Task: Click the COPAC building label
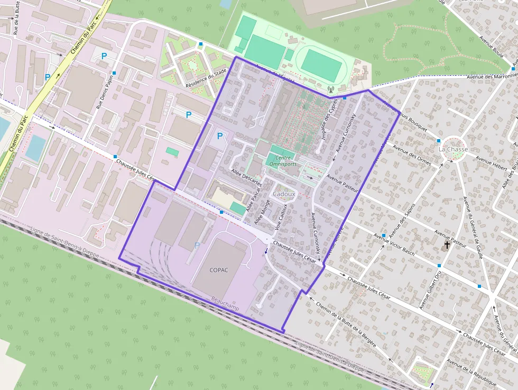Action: point(219,270)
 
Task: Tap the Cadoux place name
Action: point(284,194)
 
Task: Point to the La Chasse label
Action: point(453,149)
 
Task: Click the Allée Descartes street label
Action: point(247,177)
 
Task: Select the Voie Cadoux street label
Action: point(281,216)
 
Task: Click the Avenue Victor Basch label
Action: point(394,243)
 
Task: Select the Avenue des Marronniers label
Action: point(492,76)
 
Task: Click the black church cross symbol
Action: point(447,246)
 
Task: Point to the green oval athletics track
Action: point(321,66)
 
